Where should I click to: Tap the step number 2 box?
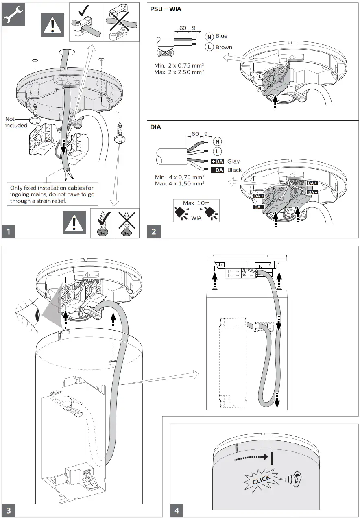pos(154,231)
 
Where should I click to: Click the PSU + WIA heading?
pos(166,9)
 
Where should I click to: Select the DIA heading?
pos(156,127)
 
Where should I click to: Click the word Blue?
pos(222,36)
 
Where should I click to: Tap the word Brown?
pos(224,47)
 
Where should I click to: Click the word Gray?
pos(234,161)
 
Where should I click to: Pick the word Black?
pos(235,170)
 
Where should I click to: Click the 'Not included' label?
pos(16,122)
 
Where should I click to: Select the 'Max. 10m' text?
pos(196,203)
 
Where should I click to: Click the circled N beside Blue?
pos(209,37)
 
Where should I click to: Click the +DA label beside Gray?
pos(217,161)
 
